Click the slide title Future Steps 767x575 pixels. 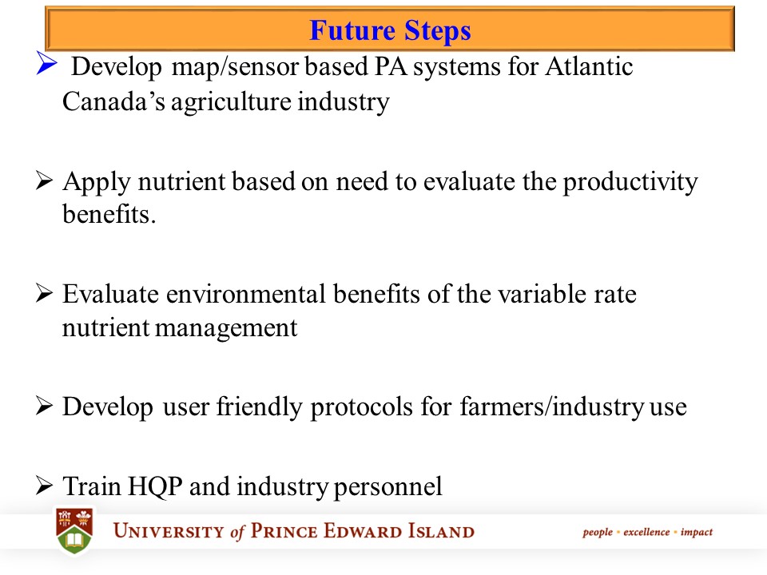point(390,30)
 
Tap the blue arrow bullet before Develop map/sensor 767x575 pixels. point(45,66)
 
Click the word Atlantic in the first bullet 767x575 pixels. point(589,67)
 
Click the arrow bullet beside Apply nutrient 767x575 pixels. point(45,183)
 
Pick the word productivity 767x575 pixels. point(630,183)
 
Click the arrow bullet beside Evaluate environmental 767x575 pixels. point(45,295)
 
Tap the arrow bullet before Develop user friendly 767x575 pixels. point(45,406)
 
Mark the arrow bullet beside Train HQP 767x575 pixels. point(45,486)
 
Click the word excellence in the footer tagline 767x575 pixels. point(647,532)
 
